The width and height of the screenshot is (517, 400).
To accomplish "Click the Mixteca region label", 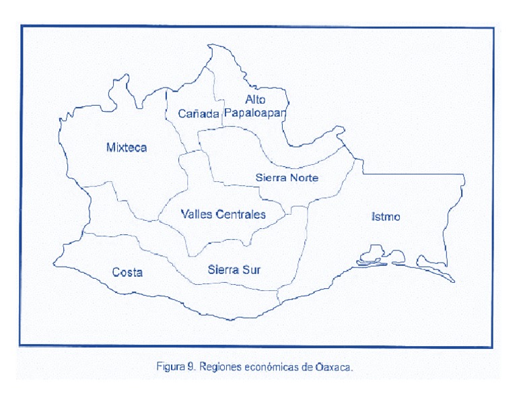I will coord(127,147).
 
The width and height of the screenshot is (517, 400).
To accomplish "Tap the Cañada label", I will coord(199,114).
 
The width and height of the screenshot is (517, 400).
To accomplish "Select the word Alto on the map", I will coord(255,100).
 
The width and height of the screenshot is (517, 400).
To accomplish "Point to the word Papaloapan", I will coord(255,113).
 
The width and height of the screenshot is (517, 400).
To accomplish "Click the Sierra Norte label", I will coord(287,178).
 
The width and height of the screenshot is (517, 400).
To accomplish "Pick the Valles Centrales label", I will coord(223,214).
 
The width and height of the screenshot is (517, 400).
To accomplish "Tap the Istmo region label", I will coord(386,216).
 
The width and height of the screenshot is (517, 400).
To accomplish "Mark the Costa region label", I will coord(127,272).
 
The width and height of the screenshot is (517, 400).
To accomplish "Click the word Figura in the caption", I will coord(171,367).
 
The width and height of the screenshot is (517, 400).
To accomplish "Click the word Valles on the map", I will coord(197,214).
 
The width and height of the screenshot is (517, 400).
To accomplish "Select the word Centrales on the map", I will coord(240,214).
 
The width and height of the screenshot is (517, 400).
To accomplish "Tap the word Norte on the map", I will coord(304,178).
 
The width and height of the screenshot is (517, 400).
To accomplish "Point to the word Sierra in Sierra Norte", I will coord(271,178).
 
